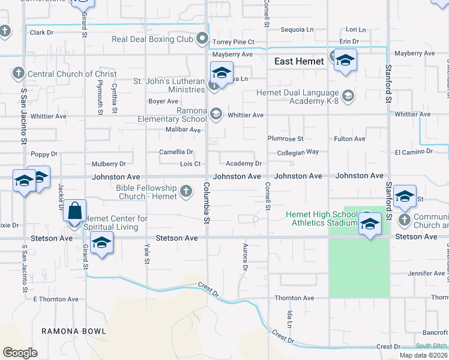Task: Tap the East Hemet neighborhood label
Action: pyautogui.click(x=299, y=61)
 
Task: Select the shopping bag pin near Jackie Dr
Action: pyautogui.click(x=74, y=212)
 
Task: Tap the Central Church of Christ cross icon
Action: pyautogui.click(x=18, y=74)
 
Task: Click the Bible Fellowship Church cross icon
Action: pyautogui.click(x=186, y=192)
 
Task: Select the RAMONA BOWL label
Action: pyautogui.click(x=74, y=331)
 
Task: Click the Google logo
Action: pyautogui.click(x=20, y=353)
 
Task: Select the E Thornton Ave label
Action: pyautogui.click(x=56, y=299)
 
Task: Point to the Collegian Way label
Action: pyautogui.click(x=298, y=152)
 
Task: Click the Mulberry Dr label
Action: pyautogui.click(x=109, y=163)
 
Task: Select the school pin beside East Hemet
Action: pyautogui.click(x=345, y=61)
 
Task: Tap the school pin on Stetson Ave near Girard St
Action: pyautogui.click(x=102, y=244)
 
